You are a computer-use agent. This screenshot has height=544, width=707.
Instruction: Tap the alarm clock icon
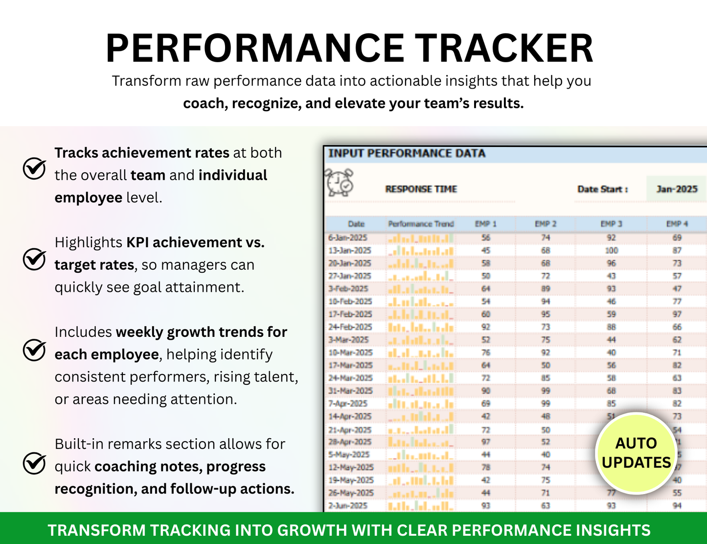tap(340, 182)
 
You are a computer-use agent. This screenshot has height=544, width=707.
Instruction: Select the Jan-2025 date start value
tap(677, 189)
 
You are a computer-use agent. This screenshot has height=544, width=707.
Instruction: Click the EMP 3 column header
tap(611, 224)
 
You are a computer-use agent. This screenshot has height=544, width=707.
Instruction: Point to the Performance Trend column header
tap(421, 224)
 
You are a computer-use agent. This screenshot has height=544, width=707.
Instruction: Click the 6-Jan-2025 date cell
tap(347, 237)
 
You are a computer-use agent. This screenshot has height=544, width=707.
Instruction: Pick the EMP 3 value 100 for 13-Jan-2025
tap(611, 250)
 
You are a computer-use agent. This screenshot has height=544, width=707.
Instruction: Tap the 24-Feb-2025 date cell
tap(350, 327)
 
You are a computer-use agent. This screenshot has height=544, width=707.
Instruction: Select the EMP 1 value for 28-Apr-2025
tap(485, 442)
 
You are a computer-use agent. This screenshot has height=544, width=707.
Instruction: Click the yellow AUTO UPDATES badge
tap(636, 453)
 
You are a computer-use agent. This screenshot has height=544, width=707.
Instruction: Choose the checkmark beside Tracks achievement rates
tap(35, 169)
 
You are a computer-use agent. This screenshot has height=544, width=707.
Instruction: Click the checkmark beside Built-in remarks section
tap(35, 464)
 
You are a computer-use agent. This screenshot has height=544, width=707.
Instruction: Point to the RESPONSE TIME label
tap(421, 189)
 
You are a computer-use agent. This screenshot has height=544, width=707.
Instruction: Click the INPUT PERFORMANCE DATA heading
tap(407, 153)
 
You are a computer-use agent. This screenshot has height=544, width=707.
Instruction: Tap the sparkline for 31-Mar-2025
tap(421, 391)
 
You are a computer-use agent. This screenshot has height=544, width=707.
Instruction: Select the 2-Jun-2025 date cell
tap(347, 505)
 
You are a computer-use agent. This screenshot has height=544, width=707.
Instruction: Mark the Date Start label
tap(602, 189)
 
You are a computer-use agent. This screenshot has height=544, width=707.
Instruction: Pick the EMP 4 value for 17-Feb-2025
tap(677, 314)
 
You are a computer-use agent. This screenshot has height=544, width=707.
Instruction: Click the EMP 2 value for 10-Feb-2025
tap(545, 301)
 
